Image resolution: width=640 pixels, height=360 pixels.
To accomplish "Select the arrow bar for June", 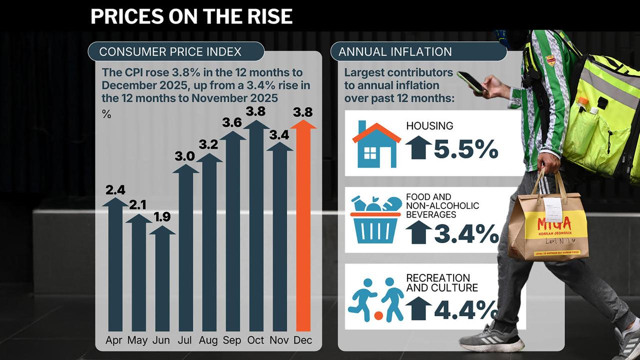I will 162,280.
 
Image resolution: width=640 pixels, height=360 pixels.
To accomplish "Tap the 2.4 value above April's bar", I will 115,190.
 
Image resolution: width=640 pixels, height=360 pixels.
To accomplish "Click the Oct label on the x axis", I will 255,340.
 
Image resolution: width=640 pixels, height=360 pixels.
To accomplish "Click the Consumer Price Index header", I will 170,51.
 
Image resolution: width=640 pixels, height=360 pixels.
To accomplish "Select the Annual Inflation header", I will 395,51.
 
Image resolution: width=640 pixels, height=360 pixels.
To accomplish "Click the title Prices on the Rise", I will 191,16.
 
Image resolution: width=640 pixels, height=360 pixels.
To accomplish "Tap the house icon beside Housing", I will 376,144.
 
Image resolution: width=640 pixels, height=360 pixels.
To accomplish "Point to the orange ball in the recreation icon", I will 378,316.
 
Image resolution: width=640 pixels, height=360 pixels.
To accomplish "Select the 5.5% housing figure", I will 466,149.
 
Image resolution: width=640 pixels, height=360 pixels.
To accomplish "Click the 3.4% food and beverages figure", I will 466,233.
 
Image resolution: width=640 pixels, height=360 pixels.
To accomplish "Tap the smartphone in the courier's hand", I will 470,82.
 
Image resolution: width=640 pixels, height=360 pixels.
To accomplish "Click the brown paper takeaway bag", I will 547,225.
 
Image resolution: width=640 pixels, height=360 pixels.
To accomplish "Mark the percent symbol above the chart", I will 106,114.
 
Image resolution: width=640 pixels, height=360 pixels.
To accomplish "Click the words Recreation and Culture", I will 438,282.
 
